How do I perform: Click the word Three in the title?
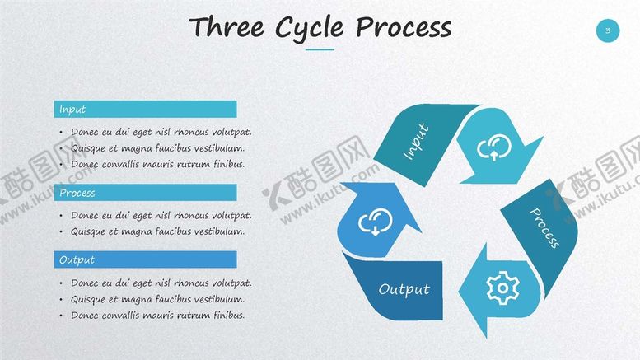point(227,27)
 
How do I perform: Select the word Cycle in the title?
point(309,29)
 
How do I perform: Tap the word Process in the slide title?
point(404,28)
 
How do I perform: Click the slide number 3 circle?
point(607,30)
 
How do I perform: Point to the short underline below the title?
point(320,49)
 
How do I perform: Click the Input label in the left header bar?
point(72,110)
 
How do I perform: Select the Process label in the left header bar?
point(77,193)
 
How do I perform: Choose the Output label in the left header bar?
point(77,260)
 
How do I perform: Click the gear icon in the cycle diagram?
point(502,288)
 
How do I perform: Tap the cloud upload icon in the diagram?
point(494,147)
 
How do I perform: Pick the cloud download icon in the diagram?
point(375,222)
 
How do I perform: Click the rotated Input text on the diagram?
point(416,141)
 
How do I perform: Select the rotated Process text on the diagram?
point(544,227)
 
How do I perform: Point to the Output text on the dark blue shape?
point(404,290)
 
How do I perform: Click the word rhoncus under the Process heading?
point(187,215)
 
